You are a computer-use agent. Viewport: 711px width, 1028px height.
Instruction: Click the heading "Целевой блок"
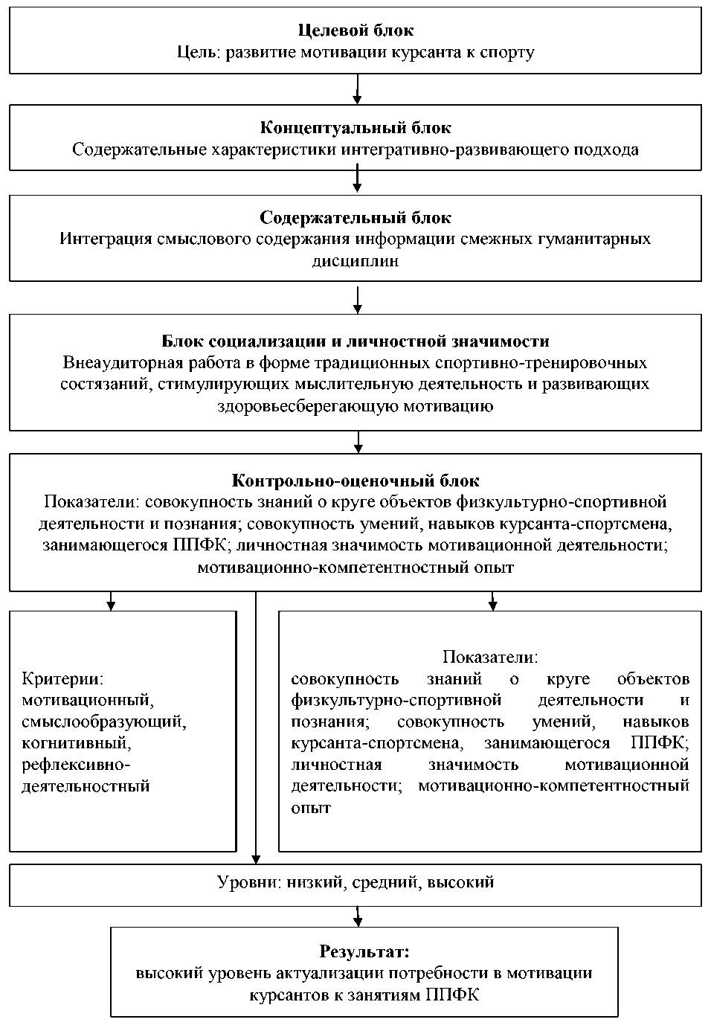point(355,30)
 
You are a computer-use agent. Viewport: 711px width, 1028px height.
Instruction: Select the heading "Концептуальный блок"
point(355,128)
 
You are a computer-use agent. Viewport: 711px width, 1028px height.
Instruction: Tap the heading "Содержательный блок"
point(355,218)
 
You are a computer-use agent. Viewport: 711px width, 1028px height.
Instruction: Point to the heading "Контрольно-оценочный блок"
point(355,481)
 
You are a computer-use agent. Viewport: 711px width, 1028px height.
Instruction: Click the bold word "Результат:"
point(364,951)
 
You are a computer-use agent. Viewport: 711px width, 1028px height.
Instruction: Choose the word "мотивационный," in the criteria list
point(87,700)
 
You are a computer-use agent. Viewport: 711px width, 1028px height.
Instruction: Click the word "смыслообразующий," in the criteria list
point(103,722)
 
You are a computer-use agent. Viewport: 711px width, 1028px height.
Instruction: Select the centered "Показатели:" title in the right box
point(490,657)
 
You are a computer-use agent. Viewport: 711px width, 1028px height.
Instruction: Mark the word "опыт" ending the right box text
point(311,808)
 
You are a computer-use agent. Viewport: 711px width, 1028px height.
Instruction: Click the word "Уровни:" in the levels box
point(247,883)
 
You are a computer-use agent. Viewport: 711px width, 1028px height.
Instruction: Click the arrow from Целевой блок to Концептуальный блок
point(358,89)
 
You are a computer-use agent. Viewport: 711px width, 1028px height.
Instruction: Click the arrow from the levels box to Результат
point(358,916)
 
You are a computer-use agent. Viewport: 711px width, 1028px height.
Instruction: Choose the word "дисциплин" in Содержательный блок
point(355,261)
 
